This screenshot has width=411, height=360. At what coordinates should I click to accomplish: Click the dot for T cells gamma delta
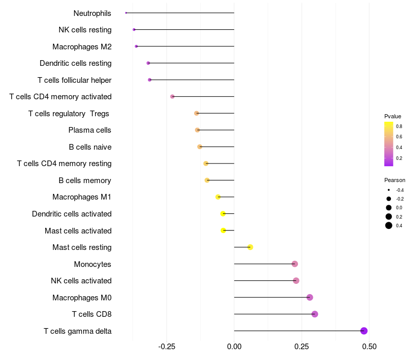364,331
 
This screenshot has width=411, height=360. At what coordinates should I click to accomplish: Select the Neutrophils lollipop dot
126,13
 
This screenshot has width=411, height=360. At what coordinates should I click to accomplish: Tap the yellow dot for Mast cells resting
250,247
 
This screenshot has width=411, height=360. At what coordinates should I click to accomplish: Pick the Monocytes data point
294,264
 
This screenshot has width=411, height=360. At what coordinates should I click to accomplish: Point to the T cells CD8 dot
314,314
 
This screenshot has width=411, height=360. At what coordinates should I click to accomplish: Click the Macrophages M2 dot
136,46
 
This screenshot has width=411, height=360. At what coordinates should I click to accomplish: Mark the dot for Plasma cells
197,130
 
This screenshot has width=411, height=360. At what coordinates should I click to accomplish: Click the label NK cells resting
85,30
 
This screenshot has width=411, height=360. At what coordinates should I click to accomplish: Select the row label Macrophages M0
82,298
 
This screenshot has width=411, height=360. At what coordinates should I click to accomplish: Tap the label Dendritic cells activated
71,214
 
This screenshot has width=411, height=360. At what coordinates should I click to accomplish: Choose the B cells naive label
90,147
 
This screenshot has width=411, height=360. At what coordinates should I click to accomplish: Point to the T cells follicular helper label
74,80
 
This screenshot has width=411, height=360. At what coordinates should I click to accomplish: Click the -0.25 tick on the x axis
167,347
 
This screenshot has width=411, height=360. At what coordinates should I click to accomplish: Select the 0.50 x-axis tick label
369,347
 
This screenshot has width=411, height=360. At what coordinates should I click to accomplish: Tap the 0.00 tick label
234,347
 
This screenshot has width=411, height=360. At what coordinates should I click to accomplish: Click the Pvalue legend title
393,116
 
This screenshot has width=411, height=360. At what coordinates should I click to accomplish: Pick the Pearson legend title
395,181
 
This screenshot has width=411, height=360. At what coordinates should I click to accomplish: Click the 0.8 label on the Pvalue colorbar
399,126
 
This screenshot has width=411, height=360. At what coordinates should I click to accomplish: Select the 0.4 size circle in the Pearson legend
389,225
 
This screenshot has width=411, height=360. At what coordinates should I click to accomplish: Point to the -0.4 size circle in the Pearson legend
389,190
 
